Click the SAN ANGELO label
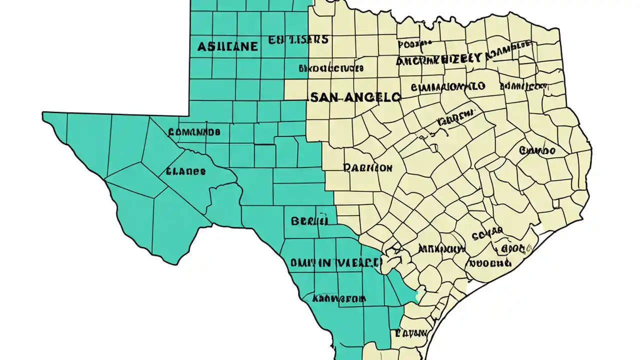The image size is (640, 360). (x=355, y=97)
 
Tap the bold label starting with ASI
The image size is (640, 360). (x=227, y=47)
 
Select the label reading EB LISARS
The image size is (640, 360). (x=298, y=39)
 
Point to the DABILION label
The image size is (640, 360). (x=368, y=168)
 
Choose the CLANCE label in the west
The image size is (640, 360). (x=185, y=171)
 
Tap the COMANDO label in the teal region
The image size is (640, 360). (x=194, y=132)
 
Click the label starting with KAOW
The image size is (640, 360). (x=338, y=299)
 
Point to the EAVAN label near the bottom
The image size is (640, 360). (x=410, y=332)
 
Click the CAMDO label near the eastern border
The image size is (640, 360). (x=537, y=150)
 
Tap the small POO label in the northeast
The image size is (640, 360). (x=415, y=44)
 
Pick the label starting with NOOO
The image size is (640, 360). (x=490, y=263)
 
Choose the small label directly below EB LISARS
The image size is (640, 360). (x=330, y=67)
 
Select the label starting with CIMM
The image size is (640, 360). (x=447, y=87)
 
